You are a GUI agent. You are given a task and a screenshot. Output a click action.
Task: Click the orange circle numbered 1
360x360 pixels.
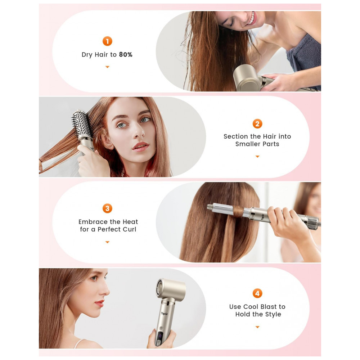107,41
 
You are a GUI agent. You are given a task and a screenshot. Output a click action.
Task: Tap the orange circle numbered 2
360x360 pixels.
257,124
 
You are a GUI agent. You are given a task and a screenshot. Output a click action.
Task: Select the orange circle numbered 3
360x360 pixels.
107,208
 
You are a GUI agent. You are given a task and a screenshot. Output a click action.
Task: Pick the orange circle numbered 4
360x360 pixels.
257,293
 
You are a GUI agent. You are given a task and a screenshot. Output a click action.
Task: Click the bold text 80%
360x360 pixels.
126,55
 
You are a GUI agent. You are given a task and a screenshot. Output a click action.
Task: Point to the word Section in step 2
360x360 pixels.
236,136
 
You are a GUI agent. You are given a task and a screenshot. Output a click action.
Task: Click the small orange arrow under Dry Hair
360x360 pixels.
107,67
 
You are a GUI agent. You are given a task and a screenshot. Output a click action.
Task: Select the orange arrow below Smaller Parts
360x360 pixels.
257,157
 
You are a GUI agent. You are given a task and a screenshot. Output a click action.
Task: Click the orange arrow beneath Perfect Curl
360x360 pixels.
107,242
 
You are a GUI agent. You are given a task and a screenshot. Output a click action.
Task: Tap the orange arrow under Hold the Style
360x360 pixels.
257,327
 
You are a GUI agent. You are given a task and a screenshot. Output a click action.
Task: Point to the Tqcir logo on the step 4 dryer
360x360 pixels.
165,312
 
